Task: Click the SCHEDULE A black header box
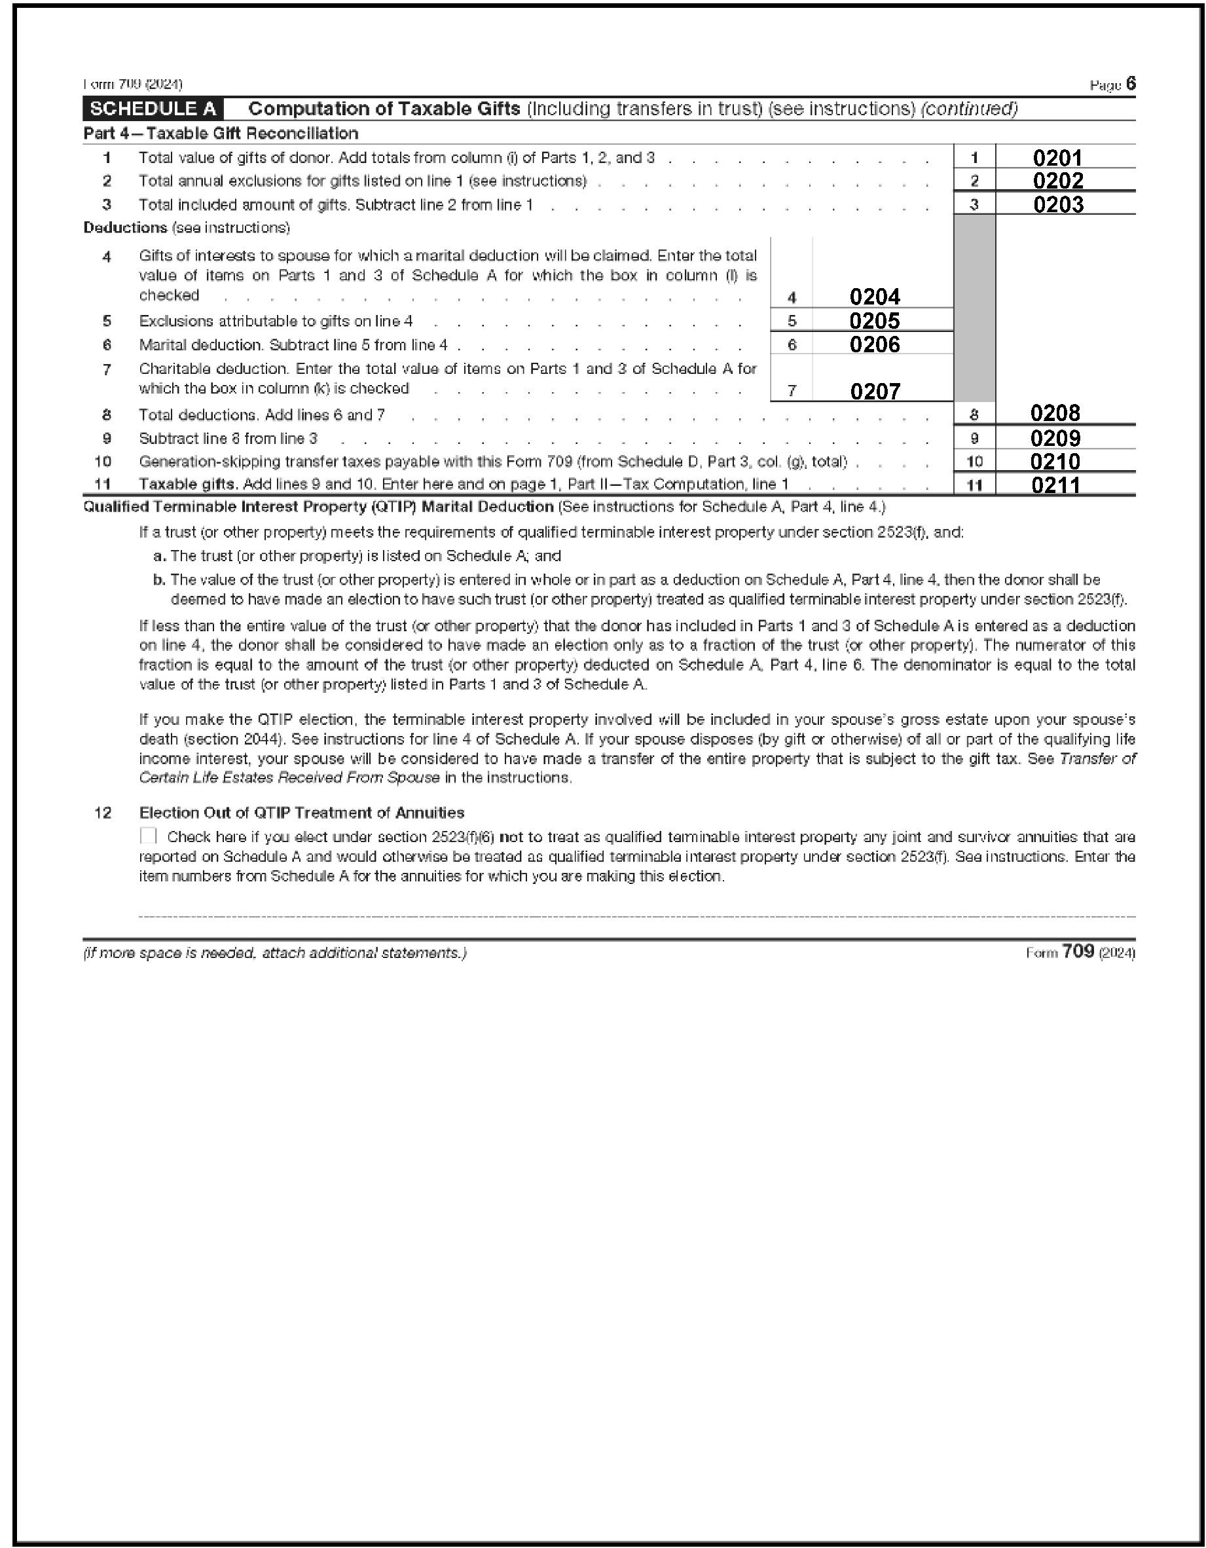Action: pyautogui.click(x=153, y=109)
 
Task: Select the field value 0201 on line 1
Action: pyautogui.click(x=1057, y=157)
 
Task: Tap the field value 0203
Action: pyautogui.click(x=1058, y=204)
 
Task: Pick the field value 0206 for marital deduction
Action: pyautogui.click(x=875, y=344)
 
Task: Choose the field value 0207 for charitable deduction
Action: pyautogui.click(x=875, y=391)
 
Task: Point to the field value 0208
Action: pyautogui.click(x=1055, y=413)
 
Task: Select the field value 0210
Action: pyautogui.click(x=1055, y=462)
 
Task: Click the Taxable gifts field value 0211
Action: pyautogui.click(x=1055, y=485)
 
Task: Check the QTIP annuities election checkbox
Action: pyautogui.click(x=148, y=836)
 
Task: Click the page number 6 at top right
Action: pyautogui.click(x=1130, y=84)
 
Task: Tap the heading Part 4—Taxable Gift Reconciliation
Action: pyautogui.click(x=221, y=133)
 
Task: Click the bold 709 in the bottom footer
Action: pyautogui.click(x=1078, y=951)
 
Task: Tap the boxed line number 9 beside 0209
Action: pyautogui.click(x=974, y=438)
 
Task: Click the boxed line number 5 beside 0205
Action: pyautogui.click(x=792, y=321)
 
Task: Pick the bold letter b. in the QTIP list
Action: pyautogui.click(x=158, y=580)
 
